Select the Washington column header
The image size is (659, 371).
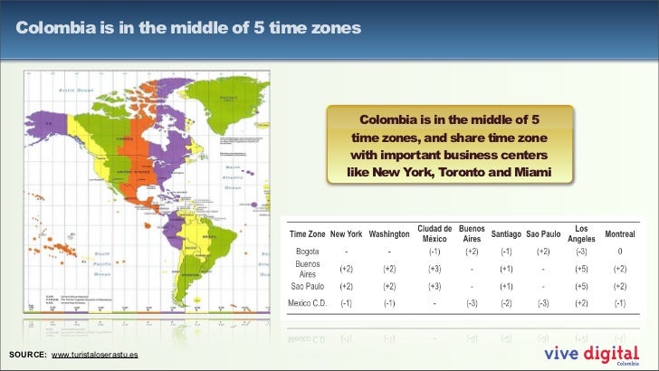point(390,233)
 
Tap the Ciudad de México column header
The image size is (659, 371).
point(435,233)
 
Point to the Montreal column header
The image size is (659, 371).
point(619,233)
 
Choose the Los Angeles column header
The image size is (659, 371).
point(580,233)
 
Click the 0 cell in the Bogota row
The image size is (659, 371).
point(620,251)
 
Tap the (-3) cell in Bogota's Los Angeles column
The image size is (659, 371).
point(580,251)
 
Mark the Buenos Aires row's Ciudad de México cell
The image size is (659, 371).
point(435,269)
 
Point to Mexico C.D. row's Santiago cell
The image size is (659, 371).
point(507,302)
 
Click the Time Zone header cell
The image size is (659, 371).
point(307,233)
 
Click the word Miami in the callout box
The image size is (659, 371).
point(530,171)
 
